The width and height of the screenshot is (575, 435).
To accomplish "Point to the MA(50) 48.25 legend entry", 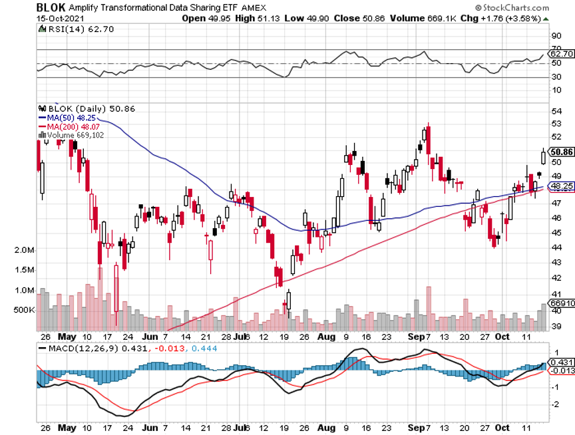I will [x=67, y=118].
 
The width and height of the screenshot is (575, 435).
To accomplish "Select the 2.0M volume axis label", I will [x=23, y=250].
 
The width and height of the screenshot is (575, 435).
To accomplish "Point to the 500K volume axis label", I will [x=23, y=310].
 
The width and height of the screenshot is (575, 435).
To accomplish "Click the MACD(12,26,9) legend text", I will [x=75, y=348].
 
